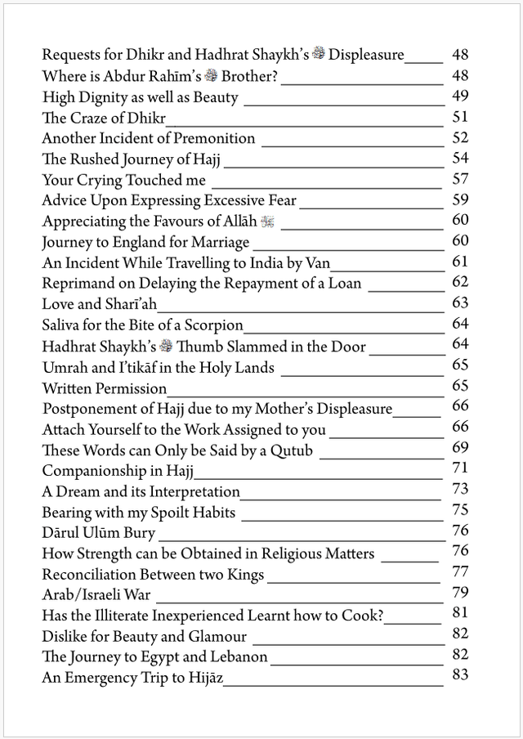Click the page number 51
tap(459, 117)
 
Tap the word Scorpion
tap(216, 325)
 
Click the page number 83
tap(459, 676)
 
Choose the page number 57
tap(459, 179)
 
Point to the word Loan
tap(343, 284)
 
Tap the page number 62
tap(459, 282)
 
